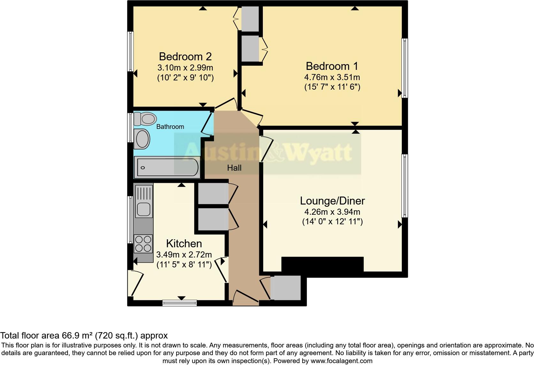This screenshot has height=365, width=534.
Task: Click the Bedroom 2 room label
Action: (185, 56)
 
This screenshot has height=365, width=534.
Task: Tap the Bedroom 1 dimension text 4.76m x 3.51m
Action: (332, 77)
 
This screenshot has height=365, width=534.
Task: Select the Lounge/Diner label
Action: (332, 201)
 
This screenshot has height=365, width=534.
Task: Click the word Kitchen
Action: (184, 243)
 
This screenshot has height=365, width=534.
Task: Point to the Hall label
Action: (234, 168)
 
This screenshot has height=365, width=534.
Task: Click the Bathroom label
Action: (170, 127)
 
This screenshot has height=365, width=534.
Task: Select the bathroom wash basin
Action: (142, 139)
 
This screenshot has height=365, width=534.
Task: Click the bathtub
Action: (167, 168)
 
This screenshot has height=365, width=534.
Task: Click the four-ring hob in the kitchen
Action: (143, 244)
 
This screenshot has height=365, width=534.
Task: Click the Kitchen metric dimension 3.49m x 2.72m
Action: (184, 255)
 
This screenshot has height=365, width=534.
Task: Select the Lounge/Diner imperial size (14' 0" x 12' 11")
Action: (332, 221)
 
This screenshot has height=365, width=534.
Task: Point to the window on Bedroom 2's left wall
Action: (130, 51)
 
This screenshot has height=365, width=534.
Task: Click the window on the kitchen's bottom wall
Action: (179, 302)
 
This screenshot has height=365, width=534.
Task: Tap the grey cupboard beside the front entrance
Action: (286, 287)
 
